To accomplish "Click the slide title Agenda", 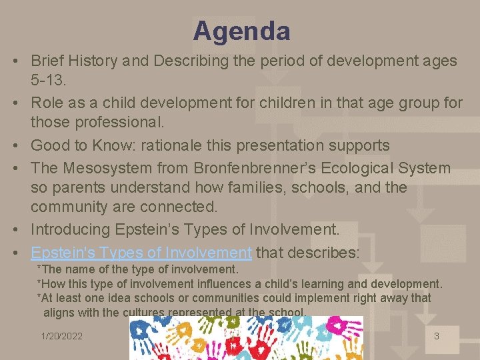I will [x=241, y=31].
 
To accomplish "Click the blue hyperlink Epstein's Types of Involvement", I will [x=141, y=253].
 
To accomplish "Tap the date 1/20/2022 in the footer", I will [x=61, y=336].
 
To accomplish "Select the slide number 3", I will [x=437, y=336].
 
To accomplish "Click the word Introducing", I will [x=71, y=229].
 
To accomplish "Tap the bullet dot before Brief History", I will [x=15, y=61].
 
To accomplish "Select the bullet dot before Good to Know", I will [x=15, y=145].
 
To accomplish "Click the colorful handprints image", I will [x=246, y=338].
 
